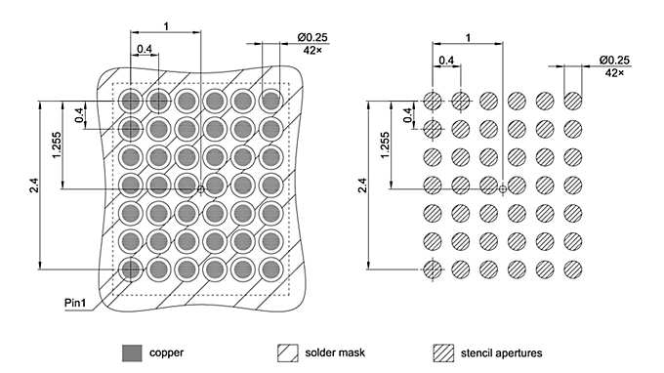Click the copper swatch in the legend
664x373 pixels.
coord(130,352)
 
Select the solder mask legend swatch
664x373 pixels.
coord(288,352)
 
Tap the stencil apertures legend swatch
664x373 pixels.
coord(444,352)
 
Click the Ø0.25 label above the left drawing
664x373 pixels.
coord(311,37)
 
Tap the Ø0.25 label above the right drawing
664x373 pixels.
coord(614,60)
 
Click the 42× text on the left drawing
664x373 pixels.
coord(311,49)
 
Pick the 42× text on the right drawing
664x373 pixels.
coord(614,72)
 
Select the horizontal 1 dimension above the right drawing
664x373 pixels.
coord(470,37)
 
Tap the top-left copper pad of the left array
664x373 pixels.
coord(130,100)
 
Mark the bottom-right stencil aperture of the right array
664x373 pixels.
coord(573,269)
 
